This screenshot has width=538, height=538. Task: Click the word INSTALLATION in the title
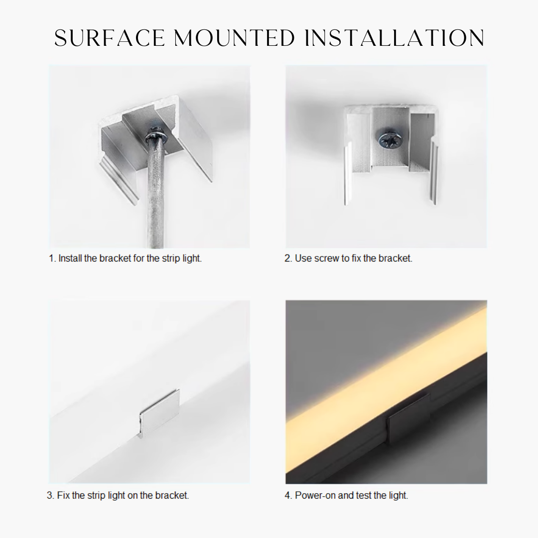(394, 38)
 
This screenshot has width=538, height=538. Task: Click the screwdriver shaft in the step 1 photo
(156, 199)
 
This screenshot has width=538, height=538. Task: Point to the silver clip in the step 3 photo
(158, 412)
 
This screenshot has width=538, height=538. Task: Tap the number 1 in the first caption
(51, 259)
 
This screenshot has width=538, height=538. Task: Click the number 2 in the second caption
(287, 259)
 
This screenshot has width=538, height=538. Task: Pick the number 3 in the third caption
(50, 496)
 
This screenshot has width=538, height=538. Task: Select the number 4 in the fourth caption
(287, 496)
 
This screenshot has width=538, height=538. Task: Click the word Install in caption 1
(70, 259)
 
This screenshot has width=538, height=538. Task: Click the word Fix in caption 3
(63, 496)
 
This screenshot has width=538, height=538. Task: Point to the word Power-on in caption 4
(315, 496)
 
